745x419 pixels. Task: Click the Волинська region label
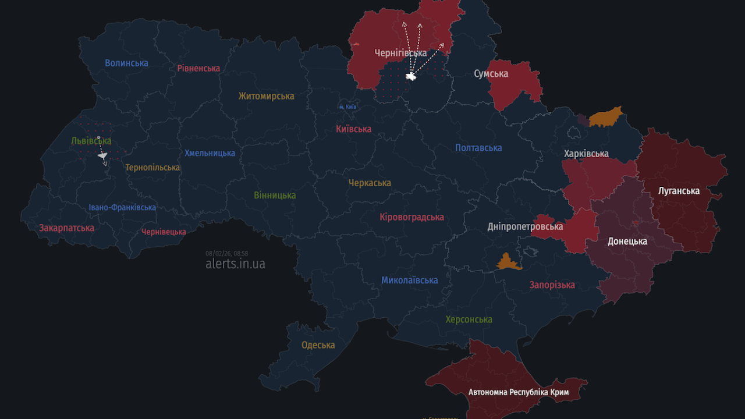[x=126, y=63]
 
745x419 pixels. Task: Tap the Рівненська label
[x=198, y=68]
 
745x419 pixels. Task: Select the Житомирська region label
[x=266, y=96]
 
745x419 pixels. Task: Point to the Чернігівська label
[x=400, y=53]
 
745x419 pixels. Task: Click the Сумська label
[x=491, y=74]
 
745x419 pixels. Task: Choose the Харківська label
[x=586, y=154]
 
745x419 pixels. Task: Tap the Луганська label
[x=679, y=190]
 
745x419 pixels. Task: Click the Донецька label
[x=627, y=241]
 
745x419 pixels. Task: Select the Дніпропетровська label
[x=525, y=226]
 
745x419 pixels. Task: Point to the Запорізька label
[x=552, y=285]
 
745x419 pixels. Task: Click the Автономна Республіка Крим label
[x=518, y=392]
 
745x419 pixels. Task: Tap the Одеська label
[x=318, y=345]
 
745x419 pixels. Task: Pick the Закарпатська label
[x=66, y=228]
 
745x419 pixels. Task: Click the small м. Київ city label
[x=348, y=107]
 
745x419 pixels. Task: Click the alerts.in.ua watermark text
[x=235, y=264]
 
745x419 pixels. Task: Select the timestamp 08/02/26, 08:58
[x=226, y=253]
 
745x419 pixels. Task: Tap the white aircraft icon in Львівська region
[x=102, y=155]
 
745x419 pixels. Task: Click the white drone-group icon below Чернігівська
[x=411, y=76]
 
